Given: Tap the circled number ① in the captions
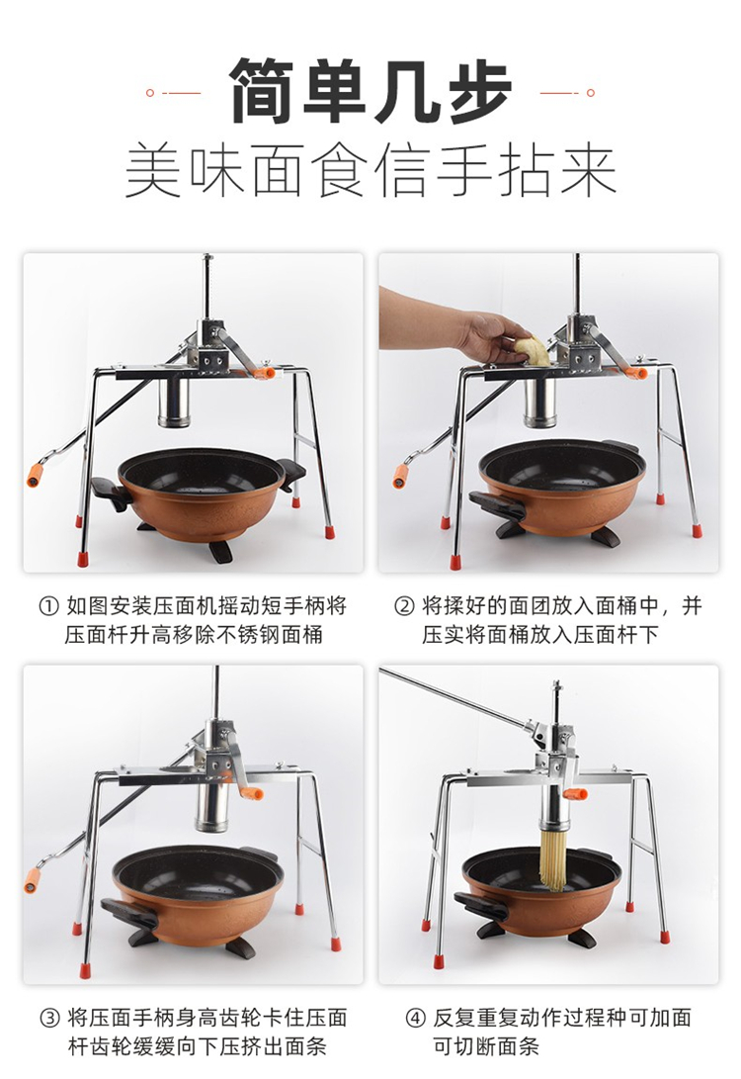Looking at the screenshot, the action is tap(48, 606).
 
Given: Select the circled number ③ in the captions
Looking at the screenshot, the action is tap(48, 1018).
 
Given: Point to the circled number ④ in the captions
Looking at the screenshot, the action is tap(415, 1018).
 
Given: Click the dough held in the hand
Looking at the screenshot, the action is tap(532, 349).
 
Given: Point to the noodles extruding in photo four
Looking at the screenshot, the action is tap(552, 857).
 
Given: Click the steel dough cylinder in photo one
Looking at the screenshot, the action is tap(173, 402).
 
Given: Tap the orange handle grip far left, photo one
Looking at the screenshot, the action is tap(35, 475).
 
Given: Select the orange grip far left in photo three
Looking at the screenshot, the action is tap(32, 880).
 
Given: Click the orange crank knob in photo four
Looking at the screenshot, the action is tap(576, 795).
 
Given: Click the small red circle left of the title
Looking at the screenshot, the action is tap(150, 92).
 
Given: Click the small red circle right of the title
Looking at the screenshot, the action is tap(591, 92).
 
